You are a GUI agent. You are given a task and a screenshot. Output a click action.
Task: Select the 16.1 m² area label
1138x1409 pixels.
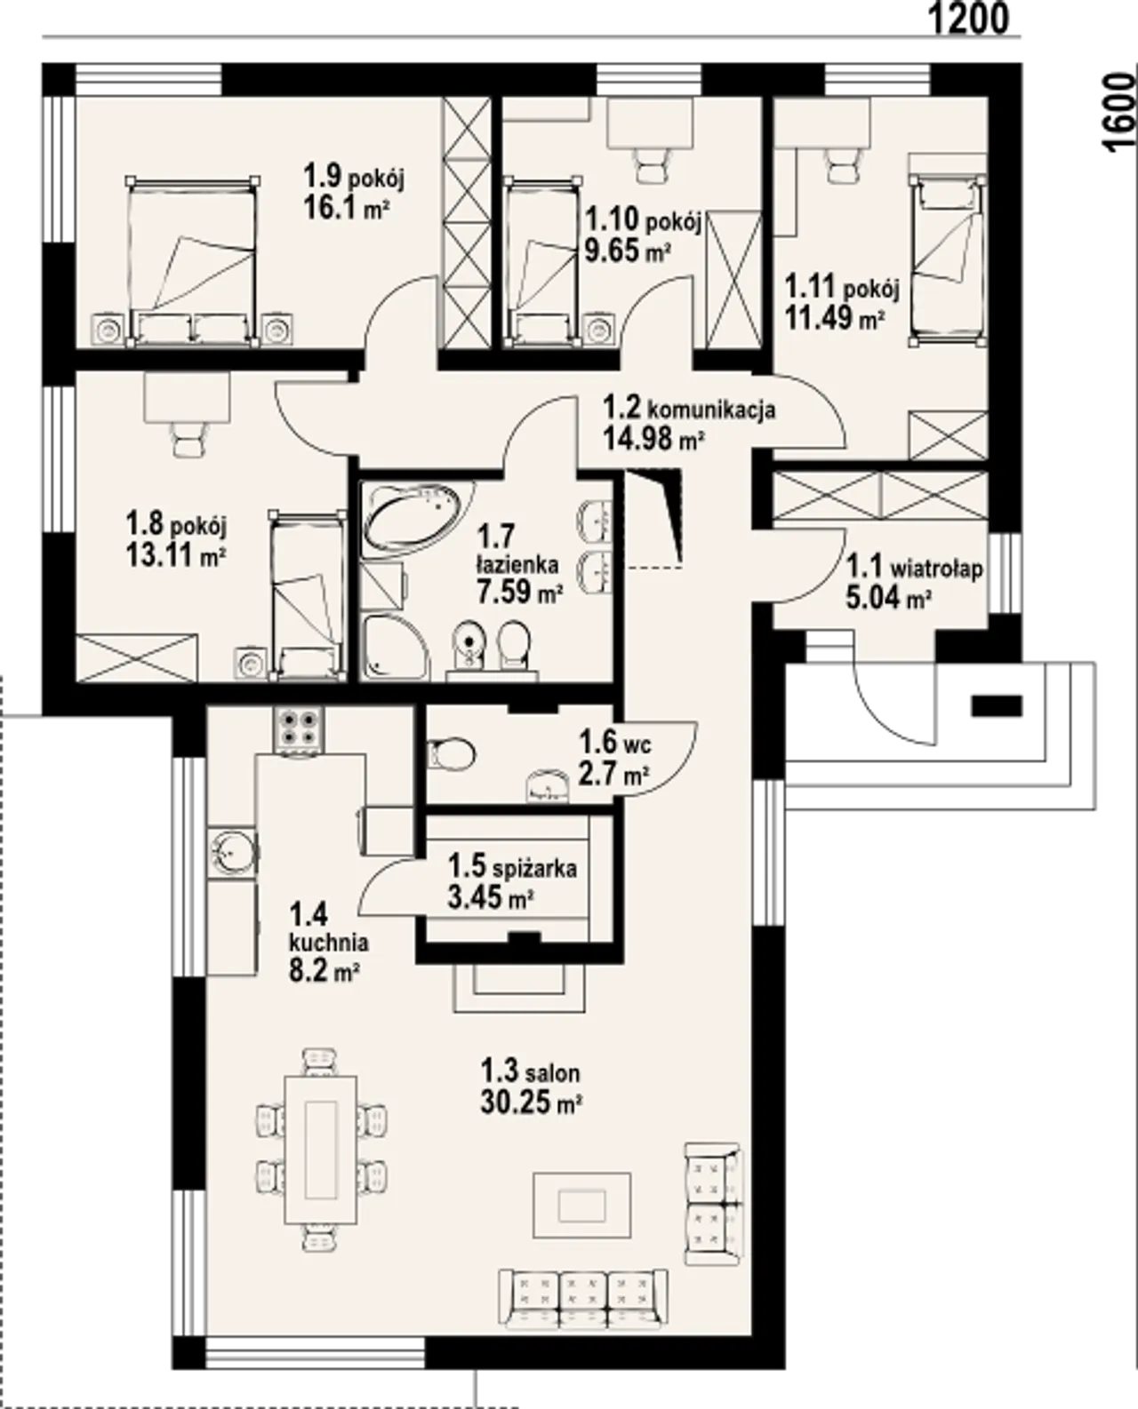pyautogui.click(x=346, y=209)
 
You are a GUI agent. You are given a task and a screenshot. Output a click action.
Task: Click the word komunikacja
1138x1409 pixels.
pyautogui.click(x=711, y=410)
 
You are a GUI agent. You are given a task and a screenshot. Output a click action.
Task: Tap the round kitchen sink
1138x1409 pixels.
pyautogui.click(x=232, y=852)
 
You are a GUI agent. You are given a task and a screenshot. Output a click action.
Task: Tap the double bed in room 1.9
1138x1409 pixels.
pyautogui.click(x=192, y=261)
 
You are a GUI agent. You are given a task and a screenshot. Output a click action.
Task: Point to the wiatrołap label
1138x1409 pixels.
pyautogui.click(x=937, y=569)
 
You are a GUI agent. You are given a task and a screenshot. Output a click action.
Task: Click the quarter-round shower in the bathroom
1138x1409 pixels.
pyautogui.click(x=396, y=647)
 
